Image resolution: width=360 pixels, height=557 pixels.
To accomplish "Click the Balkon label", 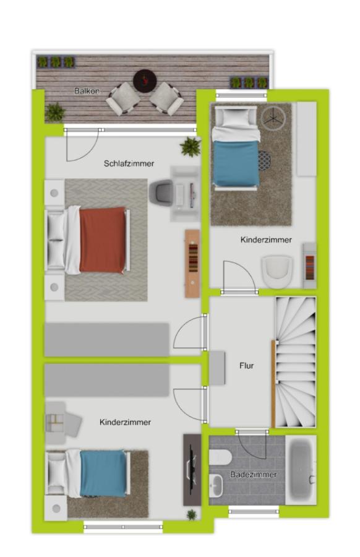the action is coord(87,91).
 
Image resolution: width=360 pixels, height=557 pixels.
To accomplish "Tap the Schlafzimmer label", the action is coord(129,163).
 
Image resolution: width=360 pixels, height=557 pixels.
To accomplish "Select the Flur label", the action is coord(247,366).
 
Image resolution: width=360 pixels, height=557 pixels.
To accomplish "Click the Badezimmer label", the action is coord(254,474).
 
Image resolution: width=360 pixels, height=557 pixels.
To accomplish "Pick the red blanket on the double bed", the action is coord(103,240).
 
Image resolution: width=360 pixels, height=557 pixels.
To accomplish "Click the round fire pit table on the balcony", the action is coord(145,80).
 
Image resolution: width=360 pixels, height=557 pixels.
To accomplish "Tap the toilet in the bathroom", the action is coord(220,457).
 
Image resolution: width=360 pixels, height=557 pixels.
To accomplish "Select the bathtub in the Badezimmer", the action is coord(301,469).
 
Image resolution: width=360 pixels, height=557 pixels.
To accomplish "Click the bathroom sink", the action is coord(216,486).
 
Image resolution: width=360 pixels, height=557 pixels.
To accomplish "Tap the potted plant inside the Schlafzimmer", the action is coord(191,147).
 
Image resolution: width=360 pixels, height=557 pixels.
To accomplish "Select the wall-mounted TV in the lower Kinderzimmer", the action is coord(192,470).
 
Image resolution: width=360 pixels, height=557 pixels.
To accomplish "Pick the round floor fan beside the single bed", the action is coord(273,118).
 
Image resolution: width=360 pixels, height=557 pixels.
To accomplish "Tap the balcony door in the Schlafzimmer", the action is coord(82,145).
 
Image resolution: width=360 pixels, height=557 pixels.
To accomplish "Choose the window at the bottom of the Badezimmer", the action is coord(254,512).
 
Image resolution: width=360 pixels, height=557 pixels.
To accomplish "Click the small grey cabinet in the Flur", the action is coord(217,368).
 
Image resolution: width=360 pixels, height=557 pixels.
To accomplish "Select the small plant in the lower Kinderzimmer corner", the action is coord(192,514).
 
